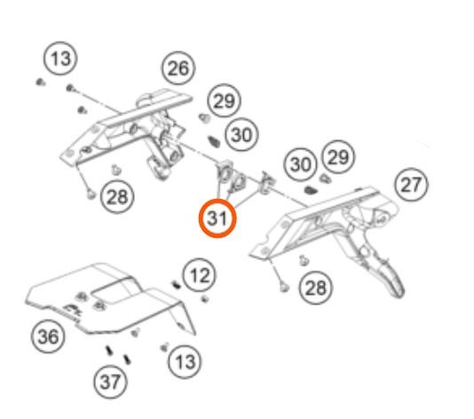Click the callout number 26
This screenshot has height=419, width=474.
[178, 68]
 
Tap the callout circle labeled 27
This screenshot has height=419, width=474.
[411, 184]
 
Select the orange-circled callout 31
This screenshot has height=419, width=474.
[217, 218]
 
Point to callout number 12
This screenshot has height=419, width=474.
[200, 275]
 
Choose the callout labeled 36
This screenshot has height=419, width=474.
[48, 336]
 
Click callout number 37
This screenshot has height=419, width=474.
[110, 382]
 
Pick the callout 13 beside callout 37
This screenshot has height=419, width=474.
[185, 361]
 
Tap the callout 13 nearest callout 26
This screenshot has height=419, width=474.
[60, 59]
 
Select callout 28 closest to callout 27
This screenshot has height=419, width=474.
[316, 288]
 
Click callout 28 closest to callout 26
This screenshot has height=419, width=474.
[117, 197]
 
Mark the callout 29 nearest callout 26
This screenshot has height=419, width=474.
[224, 100]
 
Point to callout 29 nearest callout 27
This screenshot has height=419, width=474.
[338, 157]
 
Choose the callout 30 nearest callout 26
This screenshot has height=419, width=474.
[241, 135]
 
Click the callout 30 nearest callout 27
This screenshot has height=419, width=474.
[300, 165]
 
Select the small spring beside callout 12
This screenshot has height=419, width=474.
[176, 285]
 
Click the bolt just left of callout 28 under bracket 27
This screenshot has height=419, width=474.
[283, 287]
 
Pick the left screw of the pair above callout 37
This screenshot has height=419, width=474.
[109, 351]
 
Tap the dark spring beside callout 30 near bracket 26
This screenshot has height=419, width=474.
[214, 141]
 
